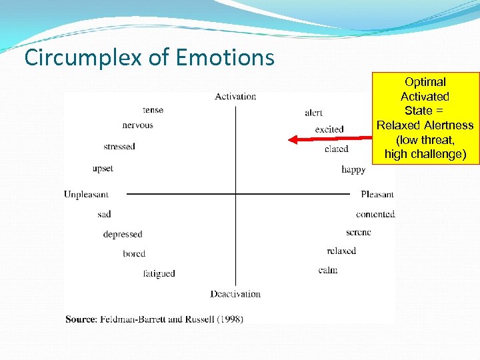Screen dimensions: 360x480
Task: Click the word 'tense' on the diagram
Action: (153, 110)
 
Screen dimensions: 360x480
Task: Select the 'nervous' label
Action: (137, 125)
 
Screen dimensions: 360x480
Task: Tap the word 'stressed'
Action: (119, 147)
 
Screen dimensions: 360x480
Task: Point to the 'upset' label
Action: (103, 169)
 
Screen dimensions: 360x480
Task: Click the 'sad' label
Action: (104, 214)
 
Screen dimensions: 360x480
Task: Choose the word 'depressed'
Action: (123, 235)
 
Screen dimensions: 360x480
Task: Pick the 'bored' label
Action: (134, 254)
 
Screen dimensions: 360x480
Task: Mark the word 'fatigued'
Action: (159, 273)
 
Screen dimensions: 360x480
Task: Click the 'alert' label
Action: (313, 113)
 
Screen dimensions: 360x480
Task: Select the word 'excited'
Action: (329, 129)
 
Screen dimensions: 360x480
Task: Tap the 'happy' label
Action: (353, 169)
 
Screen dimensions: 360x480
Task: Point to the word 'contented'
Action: (375, 214)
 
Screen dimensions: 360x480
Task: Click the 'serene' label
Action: (359, 232)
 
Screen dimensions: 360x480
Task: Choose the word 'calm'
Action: (328, 270)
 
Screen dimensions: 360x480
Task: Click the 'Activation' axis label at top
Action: (235, 97)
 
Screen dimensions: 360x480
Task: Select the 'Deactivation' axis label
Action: (235, 294)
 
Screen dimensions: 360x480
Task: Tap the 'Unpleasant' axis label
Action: (86, 195)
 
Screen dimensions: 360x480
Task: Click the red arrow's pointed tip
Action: (289, 139)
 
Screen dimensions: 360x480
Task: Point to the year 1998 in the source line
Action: (227, 319)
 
